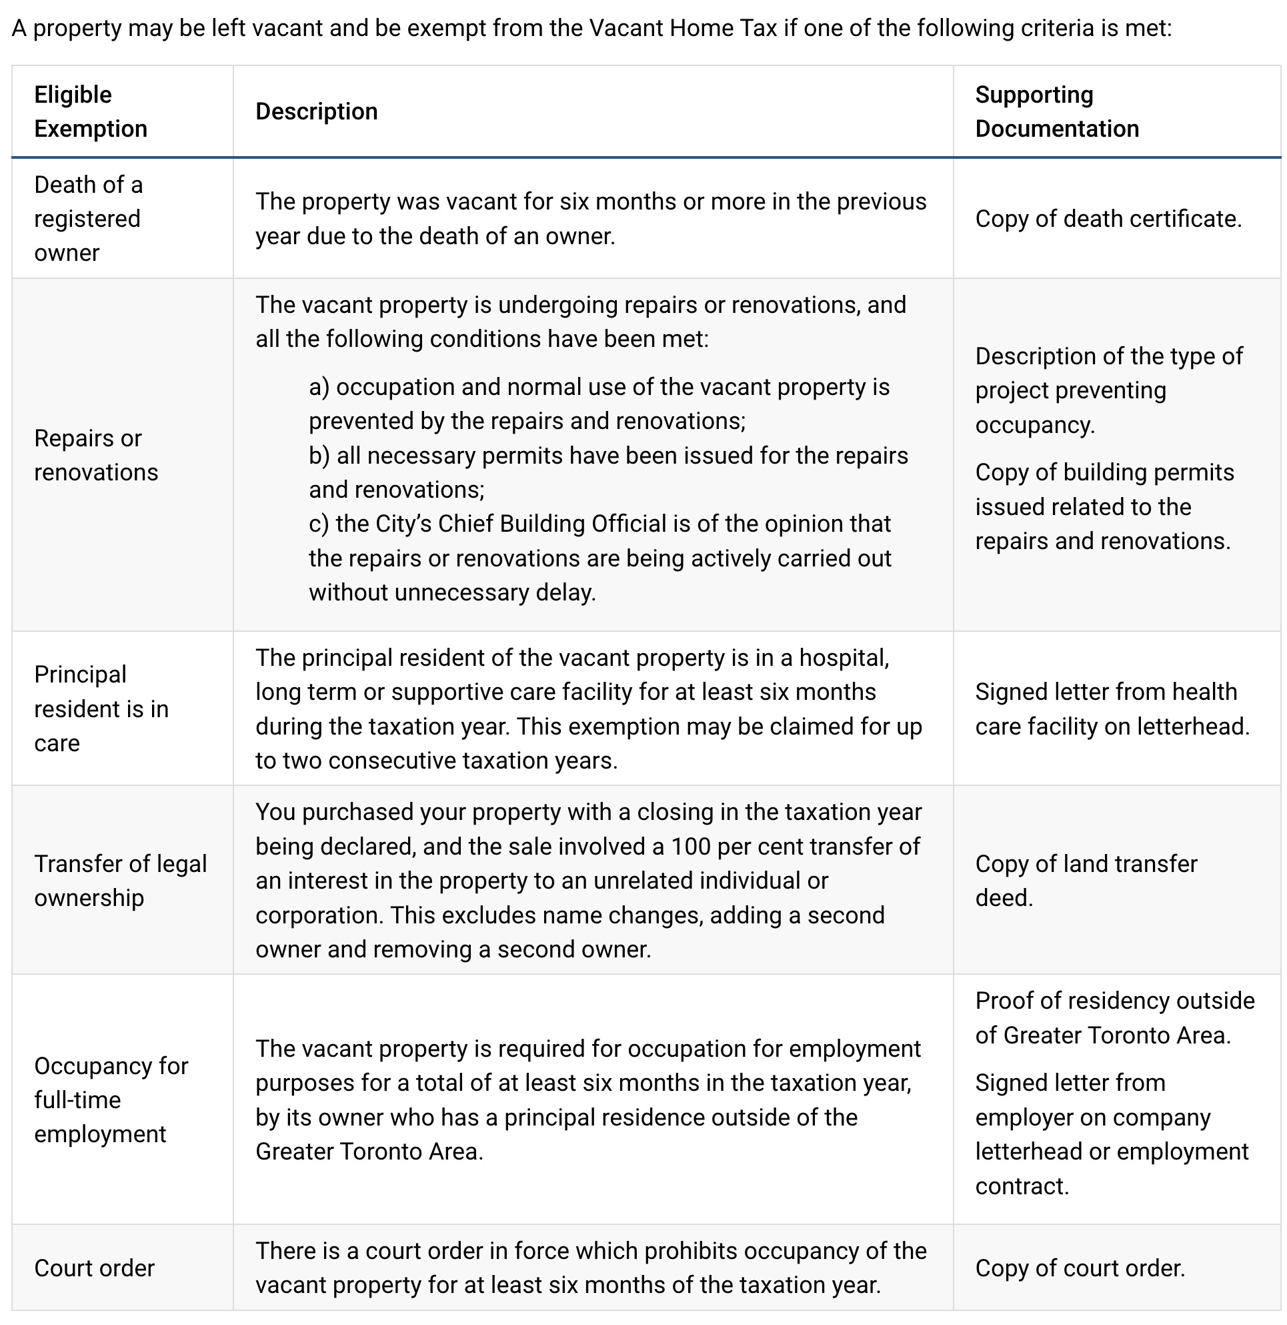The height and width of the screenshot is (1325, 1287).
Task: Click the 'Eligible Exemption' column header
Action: [x=91, y=111]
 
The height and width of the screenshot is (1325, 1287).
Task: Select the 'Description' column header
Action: [x=316, y=111]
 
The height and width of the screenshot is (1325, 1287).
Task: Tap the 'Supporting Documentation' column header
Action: [x=1056, y=111]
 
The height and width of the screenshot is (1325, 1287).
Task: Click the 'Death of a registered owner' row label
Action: [x=88, y=218]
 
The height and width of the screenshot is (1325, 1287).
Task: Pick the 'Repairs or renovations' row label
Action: [x=95, y=455]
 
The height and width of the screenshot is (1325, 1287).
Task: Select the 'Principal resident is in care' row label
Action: [x=101, y=708]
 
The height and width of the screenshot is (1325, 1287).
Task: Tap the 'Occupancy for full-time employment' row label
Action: [x=111, y=1099]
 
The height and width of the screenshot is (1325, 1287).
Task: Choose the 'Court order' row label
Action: [x=95, y=1268]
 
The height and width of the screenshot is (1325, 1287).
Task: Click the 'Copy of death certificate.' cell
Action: [x=1108, y=218]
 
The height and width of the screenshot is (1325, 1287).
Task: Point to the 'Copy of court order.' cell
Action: [x=1080, y=1268]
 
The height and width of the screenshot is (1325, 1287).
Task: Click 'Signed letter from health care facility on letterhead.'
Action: [x=1112, y=708]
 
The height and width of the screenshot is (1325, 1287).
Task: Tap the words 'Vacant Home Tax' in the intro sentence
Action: [x=682, y=29]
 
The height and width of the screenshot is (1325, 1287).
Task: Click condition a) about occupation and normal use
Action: [x=598, y=404]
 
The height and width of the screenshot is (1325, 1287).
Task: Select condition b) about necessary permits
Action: [x=607, y=472]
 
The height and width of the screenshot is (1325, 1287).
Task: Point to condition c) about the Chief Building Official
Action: [x=599, y=558]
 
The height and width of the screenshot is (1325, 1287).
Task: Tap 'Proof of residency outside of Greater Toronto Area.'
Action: [x=1114, y=1017]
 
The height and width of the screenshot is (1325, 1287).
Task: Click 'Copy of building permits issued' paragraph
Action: [x=1104, y=506]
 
